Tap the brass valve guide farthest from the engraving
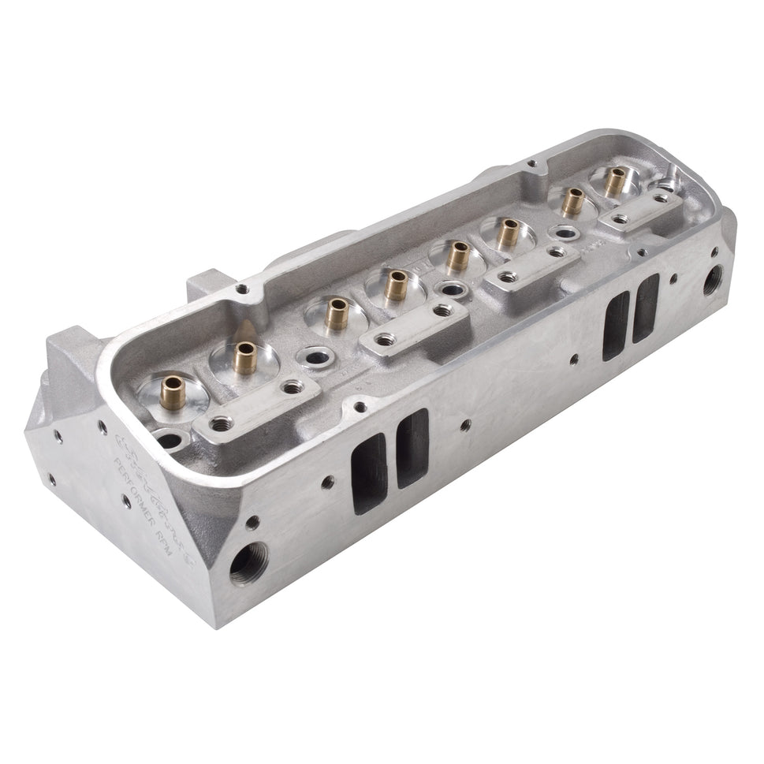(615, 182)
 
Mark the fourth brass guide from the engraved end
(397, 285)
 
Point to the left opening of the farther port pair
(616, 325)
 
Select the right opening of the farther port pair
(646, 307)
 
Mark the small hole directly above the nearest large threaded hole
(253, 521)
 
